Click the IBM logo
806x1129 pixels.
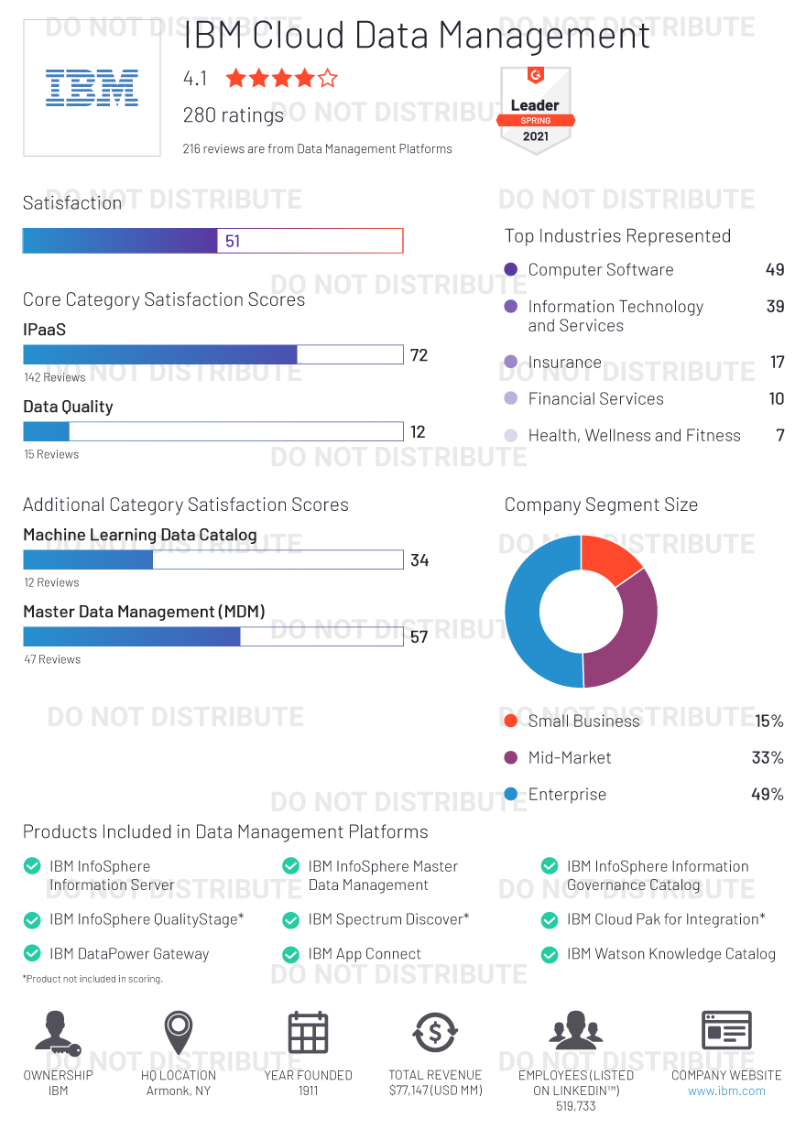pyautogui.click(x=92, y=88)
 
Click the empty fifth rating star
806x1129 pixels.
pyautogui.click(x=328, y=79)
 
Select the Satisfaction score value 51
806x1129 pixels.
pyautogui.click(x=233, y=241)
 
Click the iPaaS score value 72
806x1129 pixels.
pyautogui.click(x=419, y=355)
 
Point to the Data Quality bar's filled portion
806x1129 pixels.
pyautogui.click(x=46, y=432)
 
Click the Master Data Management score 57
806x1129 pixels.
pyautogui.click(x=419, y=637)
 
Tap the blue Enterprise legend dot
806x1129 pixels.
pyautogui.click(x=511, y=794)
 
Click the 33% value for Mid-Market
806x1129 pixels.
pyautogui.click(x=768, y=758)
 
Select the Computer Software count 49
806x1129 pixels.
pyautogui.click(x=775, y=270)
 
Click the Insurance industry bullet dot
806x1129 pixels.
pyautogui.click(x=511, y=362)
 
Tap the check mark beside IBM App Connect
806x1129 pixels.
pyautogui.click(x=291, y=954)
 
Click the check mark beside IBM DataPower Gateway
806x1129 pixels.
pyautogui.click(x=32, y=954)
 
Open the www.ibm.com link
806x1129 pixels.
pyautogui.click(x=726, y=1091)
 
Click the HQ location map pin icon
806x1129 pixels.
pyautogui.click(x=179, y=1032)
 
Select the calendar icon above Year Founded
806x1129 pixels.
pyautogui.click(x=308, y=1033)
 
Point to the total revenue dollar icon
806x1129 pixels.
pyautogui.click(x=435, y=1033)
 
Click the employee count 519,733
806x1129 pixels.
pyautogui.click(x=576, y=1106)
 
